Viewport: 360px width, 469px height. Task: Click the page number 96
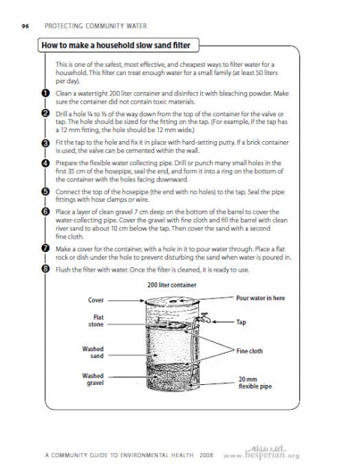click(x=25, y=26)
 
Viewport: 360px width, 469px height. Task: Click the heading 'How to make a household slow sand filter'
click(x=116, y=46)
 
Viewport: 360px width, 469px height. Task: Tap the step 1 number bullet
click(x=45, y=93)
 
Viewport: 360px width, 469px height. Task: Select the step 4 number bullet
click(x=45, y=163)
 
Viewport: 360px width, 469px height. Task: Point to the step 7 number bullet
click(x=45, y=248)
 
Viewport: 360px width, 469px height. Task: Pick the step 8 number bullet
click(x=45, y=269)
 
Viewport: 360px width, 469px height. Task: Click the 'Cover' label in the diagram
click(x=96, y=300)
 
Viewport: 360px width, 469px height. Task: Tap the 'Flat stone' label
click(x=96, y=320)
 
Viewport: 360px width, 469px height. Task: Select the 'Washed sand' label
click(x=93, y=353)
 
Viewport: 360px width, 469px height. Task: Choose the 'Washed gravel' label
click(x=93, y=379)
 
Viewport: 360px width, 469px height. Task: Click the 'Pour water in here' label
click(x=260, y=298)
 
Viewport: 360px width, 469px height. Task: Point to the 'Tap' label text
click(x=241, y=322)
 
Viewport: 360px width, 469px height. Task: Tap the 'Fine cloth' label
click(x=249, y=351)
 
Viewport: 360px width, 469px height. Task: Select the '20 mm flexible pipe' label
click(x=255, y=383)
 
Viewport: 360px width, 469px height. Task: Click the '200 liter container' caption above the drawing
click(x=172, y=285)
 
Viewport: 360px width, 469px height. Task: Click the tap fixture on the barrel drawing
click(x=205, y=318)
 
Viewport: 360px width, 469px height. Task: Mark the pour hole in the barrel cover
click(x=173, y=302)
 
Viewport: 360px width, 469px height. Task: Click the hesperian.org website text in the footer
click(x=261, y=455)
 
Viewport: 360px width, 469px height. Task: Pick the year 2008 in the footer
click(x=206, y=455)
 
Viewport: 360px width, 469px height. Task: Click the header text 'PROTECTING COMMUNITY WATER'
click(x=96, y=26)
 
